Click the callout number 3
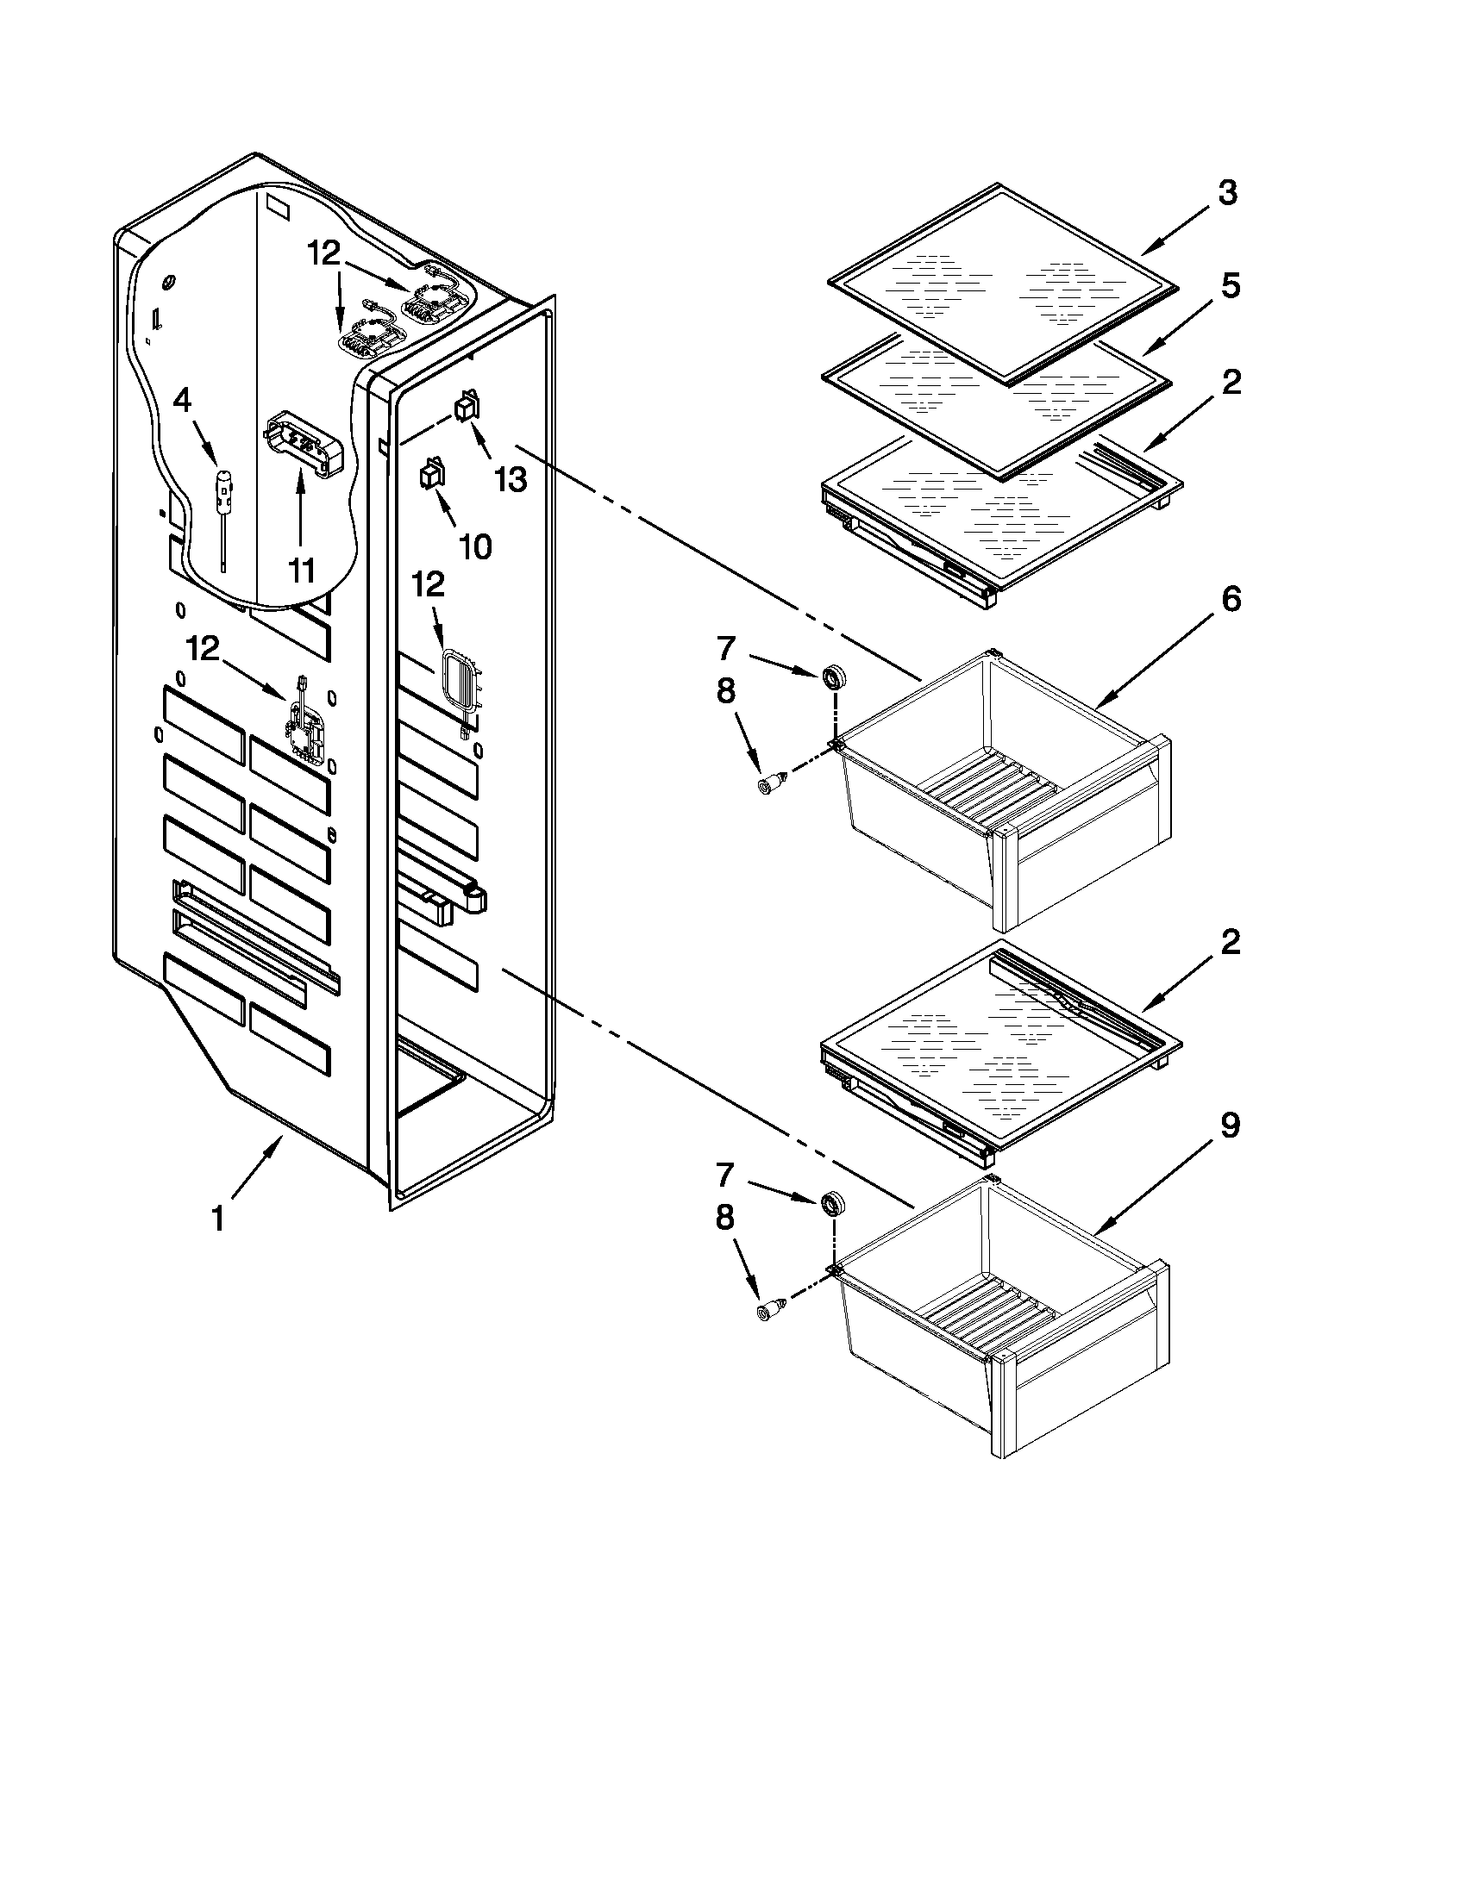[x=1226, y=194]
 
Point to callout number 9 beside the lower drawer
[x=1230, y=1126]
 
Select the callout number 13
[x=511, y=478]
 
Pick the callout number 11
[x=301, y=571]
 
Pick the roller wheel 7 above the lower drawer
[x=834, y=1204]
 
